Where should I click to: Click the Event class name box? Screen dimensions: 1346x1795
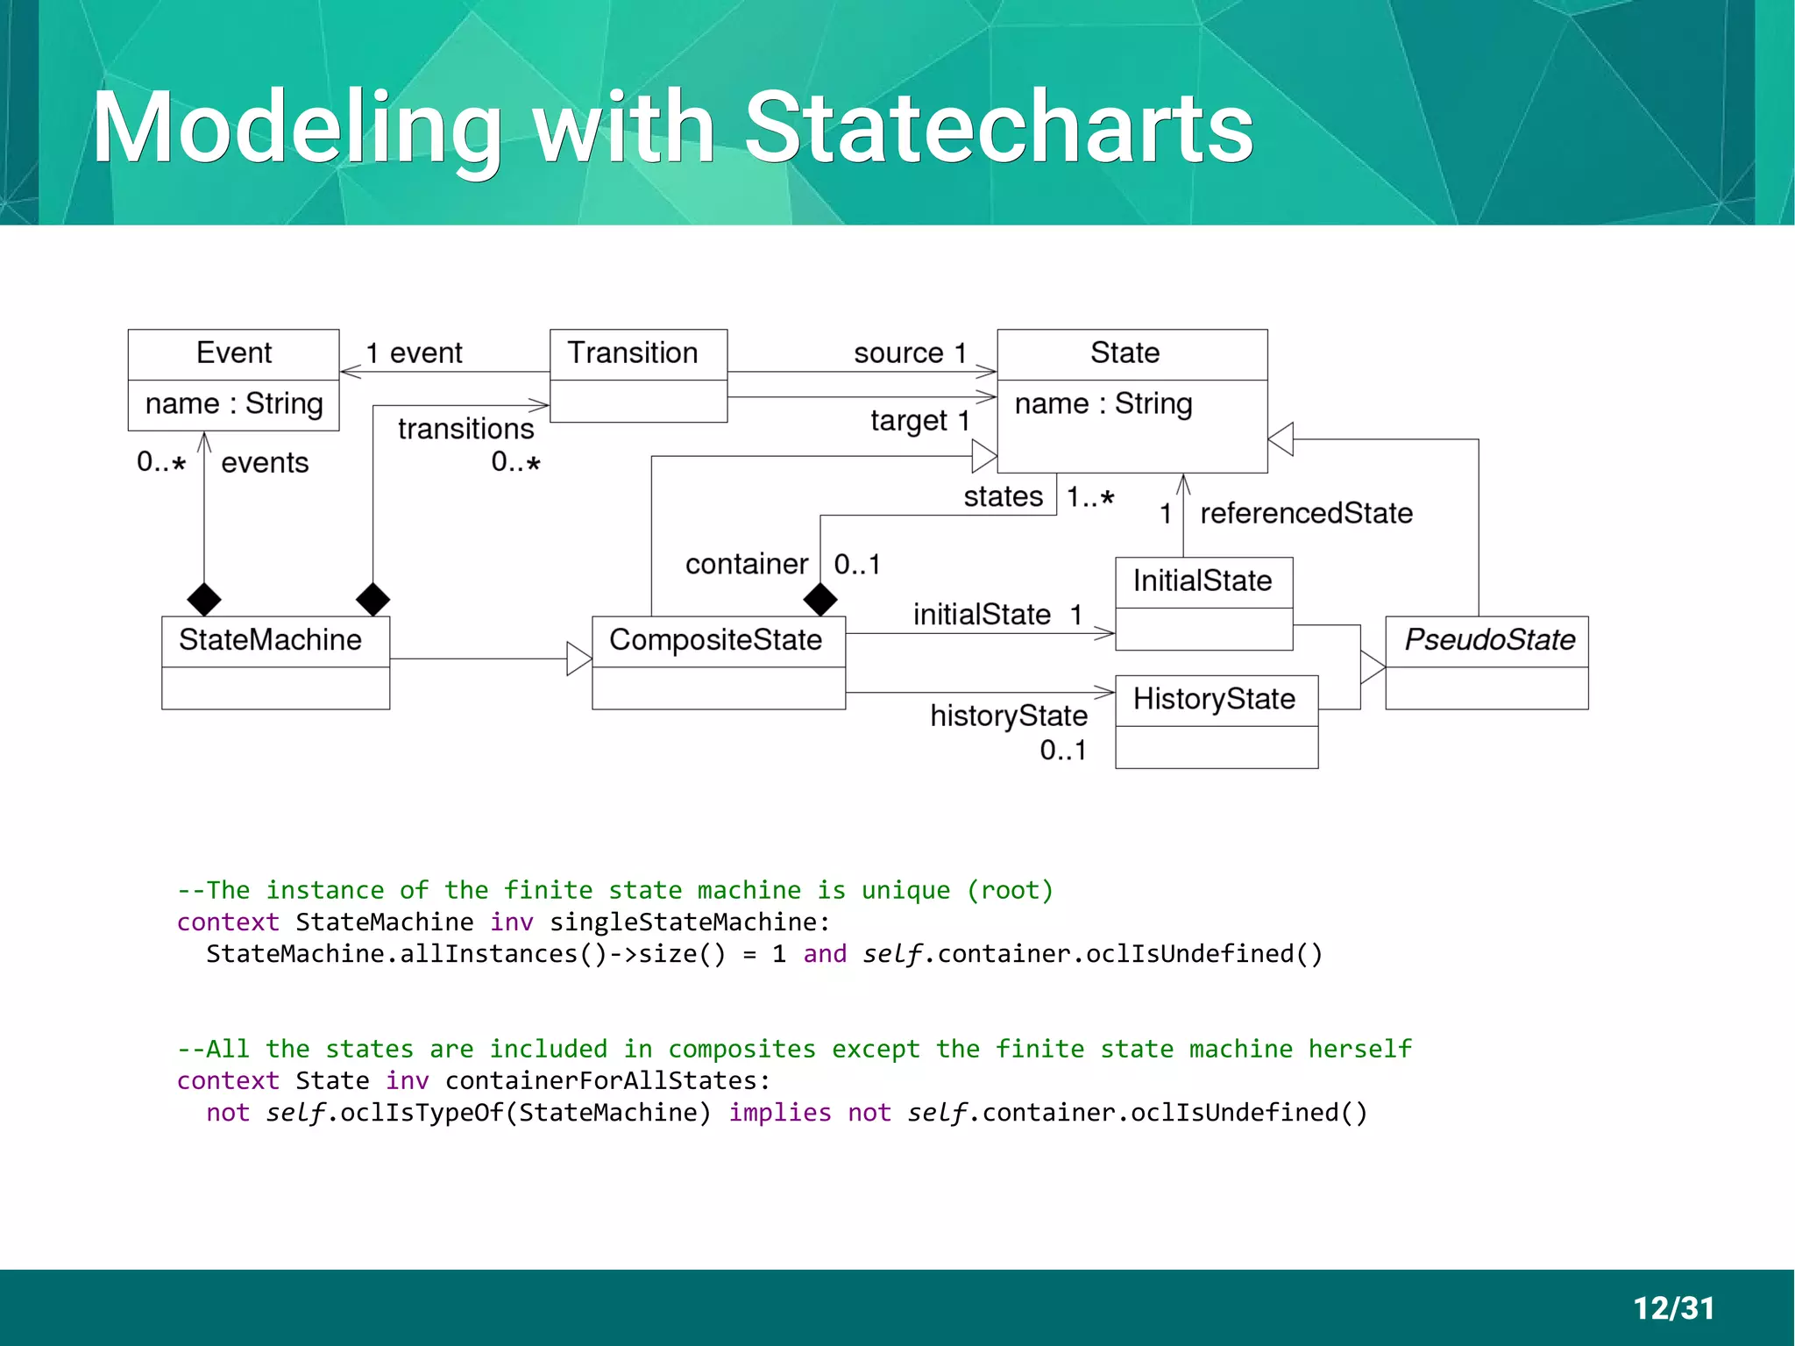click(233, 353)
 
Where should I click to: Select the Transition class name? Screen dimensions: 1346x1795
click(633, 353)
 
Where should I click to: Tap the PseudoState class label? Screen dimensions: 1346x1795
click(1488, 640)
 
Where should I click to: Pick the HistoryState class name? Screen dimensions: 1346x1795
click(1214, 699)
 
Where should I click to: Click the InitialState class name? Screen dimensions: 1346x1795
click(1203, 581)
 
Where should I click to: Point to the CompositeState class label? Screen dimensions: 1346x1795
click(715, 640)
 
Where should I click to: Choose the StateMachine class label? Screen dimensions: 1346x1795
click(270, 640)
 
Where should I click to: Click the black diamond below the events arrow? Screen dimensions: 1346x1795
click(204, 600)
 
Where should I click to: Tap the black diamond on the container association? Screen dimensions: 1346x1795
click(820, 600)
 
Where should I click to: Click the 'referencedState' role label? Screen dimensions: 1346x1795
click(1306, 513)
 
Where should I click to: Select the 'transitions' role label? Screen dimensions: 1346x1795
click(465, 429)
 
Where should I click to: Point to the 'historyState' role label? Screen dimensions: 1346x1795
click(1009, 716)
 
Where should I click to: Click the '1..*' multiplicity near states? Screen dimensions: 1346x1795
click(1090, 497)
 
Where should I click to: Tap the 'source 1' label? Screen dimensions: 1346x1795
click(910, 353)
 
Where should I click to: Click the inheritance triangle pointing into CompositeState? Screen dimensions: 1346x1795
click(578, 659)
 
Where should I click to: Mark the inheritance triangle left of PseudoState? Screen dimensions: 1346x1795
click(1372, 667)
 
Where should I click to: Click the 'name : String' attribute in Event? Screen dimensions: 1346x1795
click(234, 404)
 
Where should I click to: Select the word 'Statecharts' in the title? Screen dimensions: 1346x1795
click(998, 129)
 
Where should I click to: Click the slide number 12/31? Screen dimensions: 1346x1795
click(1673, 1308)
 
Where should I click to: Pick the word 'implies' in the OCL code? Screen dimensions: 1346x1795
click(779, 1113)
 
